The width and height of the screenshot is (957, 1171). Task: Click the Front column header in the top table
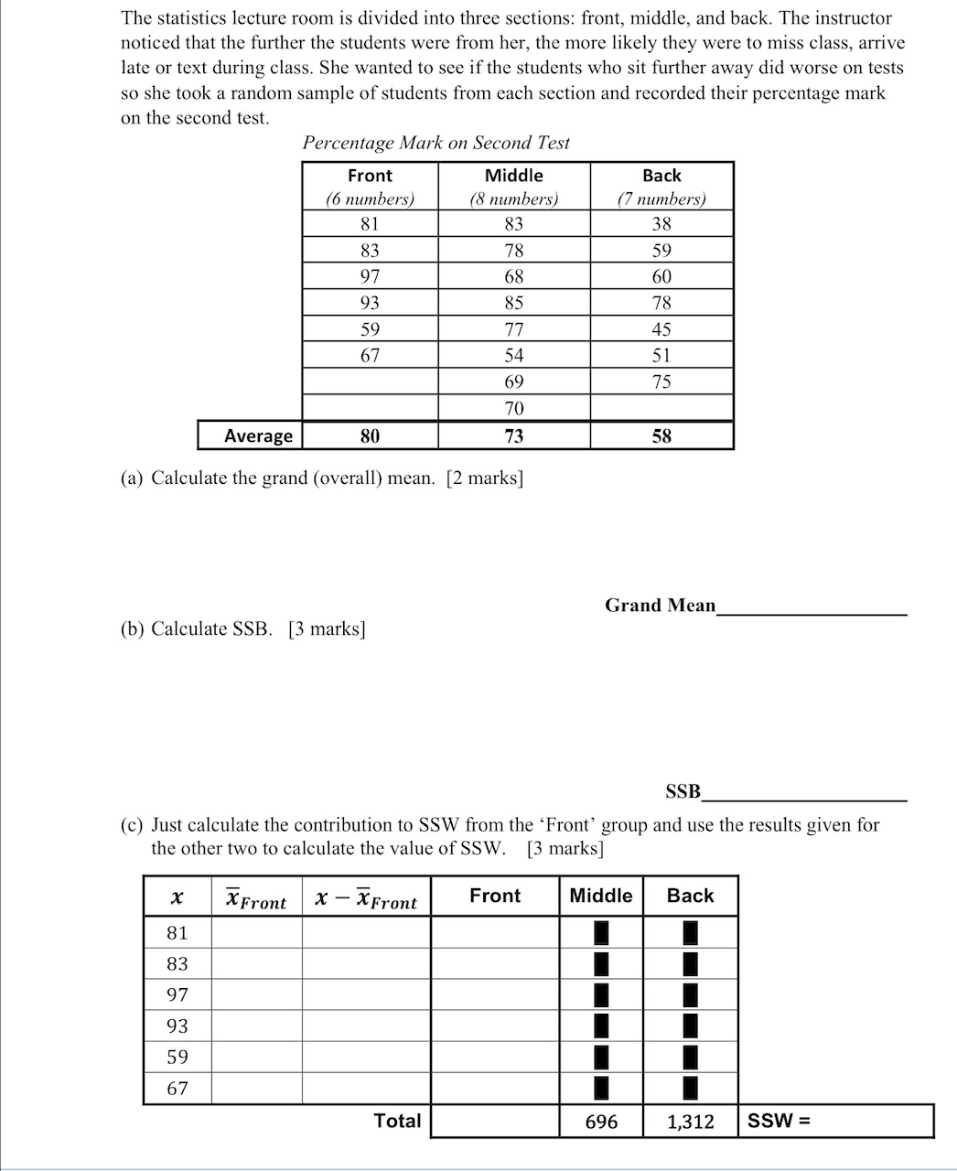coord(370,176)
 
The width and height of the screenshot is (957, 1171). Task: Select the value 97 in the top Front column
coord(370,276)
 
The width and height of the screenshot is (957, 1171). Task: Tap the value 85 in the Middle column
coord(514,303)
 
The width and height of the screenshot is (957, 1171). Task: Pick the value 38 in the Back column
coord(661,224)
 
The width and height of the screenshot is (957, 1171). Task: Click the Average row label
coord(258,436)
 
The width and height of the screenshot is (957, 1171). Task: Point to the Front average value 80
coord(370,436)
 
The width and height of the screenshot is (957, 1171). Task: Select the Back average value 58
coord(661,436)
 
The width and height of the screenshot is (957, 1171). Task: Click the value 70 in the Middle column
coord(514,408)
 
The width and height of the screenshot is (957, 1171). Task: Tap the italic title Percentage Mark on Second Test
coord(435,143)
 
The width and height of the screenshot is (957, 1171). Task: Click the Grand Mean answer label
coord(660,605)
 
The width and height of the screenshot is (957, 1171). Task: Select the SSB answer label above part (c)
coord(683,791)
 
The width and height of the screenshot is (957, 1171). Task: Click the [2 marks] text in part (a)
coord(485,478)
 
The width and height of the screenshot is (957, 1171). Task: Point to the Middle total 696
coord(601,1122)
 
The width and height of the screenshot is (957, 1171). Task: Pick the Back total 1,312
coord(690,1122)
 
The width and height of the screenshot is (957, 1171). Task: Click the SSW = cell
coord(780,1121)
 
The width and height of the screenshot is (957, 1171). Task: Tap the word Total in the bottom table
coord(397,1121)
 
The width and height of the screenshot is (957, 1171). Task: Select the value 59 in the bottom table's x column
coord(177,1057)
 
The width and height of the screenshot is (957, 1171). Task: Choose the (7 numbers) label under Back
coord(661,199)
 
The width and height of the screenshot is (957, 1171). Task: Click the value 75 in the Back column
coord(661,381)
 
